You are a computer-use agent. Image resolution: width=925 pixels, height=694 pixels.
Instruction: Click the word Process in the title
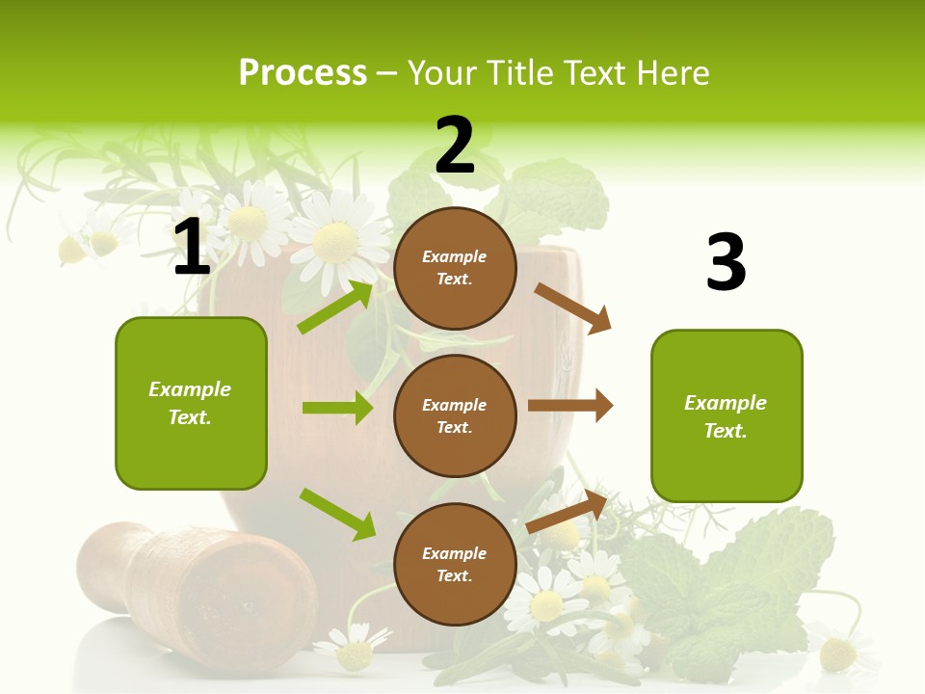[x=303, y=72]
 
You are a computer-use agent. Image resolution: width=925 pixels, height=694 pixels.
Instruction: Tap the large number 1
[x=192, y=248]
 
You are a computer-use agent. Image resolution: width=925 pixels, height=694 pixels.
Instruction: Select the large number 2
[x=455, y=147]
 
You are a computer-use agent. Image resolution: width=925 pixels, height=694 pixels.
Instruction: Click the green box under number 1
[x=191, y=403]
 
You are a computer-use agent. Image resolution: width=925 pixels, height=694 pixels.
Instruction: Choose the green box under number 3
[x=727, y=415]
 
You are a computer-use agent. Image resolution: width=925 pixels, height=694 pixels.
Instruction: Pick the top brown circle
[x=455, y=268]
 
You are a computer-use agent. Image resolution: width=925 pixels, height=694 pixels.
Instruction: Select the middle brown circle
[x=455, y=415]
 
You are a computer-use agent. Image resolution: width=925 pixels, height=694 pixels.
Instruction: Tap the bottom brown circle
[x=455, y=564]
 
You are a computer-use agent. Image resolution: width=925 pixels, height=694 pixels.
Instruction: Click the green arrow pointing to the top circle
[x=335, y=307]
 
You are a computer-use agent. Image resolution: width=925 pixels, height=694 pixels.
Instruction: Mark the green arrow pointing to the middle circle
[x=337, y=408]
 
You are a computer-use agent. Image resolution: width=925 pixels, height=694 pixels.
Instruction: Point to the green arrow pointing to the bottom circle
[x=337, y=513]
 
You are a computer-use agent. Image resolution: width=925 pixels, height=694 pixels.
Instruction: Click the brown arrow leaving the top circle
[x=573, y=307]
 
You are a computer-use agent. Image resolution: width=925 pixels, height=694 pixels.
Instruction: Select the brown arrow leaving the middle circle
[x=570, y=406]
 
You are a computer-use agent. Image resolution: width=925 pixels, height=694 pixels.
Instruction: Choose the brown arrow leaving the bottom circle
[x=568, y=512]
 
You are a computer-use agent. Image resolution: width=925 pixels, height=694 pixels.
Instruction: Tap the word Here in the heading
[x=674, y=72]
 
